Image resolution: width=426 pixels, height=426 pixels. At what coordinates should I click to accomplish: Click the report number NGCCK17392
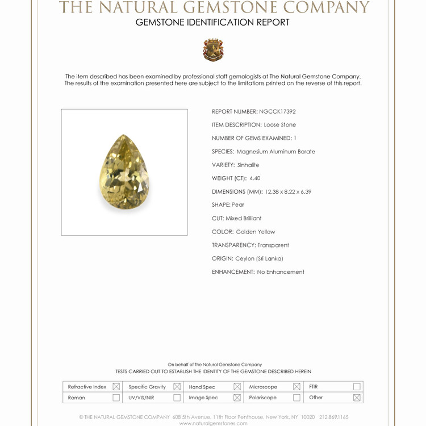click(277, 112)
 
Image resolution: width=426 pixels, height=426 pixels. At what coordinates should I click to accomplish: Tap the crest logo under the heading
click(213, 50)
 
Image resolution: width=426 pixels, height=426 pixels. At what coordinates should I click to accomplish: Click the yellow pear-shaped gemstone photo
click(125, 172)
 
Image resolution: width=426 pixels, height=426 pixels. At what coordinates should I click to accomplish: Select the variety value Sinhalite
click(248, 165)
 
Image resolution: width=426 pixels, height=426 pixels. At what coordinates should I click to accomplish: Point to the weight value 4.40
click(255, 178)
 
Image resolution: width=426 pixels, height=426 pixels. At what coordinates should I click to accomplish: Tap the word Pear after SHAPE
click(238, 205)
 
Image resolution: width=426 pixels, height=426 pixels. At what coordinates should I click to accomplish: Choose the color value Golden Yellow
click(256, 232)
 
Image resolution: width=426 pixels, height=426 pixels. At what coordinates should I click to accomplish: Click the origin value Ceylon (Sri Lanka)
click(259, 258)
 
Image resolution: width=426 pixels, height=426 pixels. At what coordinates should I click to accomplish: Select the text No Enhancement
click(281, 272)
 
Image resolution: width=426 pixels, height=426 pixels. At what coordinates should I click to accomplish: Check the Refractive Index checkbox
click(116, 387)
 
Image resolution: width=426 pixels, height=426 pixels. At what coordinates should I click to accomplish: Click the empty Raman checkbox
click(116, 398)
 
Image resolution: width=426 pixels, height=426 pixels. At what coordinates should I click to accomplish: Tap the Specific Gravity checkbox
click(177, 387)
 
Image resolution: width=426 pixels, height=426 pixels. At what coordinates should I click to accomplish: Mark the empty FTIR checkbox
click(357, 387)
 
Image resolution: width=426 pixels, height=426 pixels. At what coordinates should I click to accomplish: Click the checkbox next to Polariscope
click(296, 398)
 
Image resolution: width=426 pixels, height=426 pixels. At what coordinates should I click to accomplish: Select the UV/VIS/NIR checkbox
click(177, 398)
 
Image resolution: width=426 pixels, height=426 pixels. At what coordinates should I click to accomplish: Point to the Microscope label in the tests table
click(263, 387)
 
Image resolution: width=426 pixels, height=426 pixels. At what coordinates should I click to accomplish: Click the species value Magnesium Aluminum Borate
click(275, 152)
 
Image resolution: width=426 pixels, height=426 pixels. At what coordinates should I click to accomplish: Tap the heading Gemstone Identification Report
click(212, 23)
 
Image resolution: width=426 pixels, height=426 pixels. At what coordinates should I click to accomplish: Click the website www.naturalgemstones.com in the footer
click(213, 423)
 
